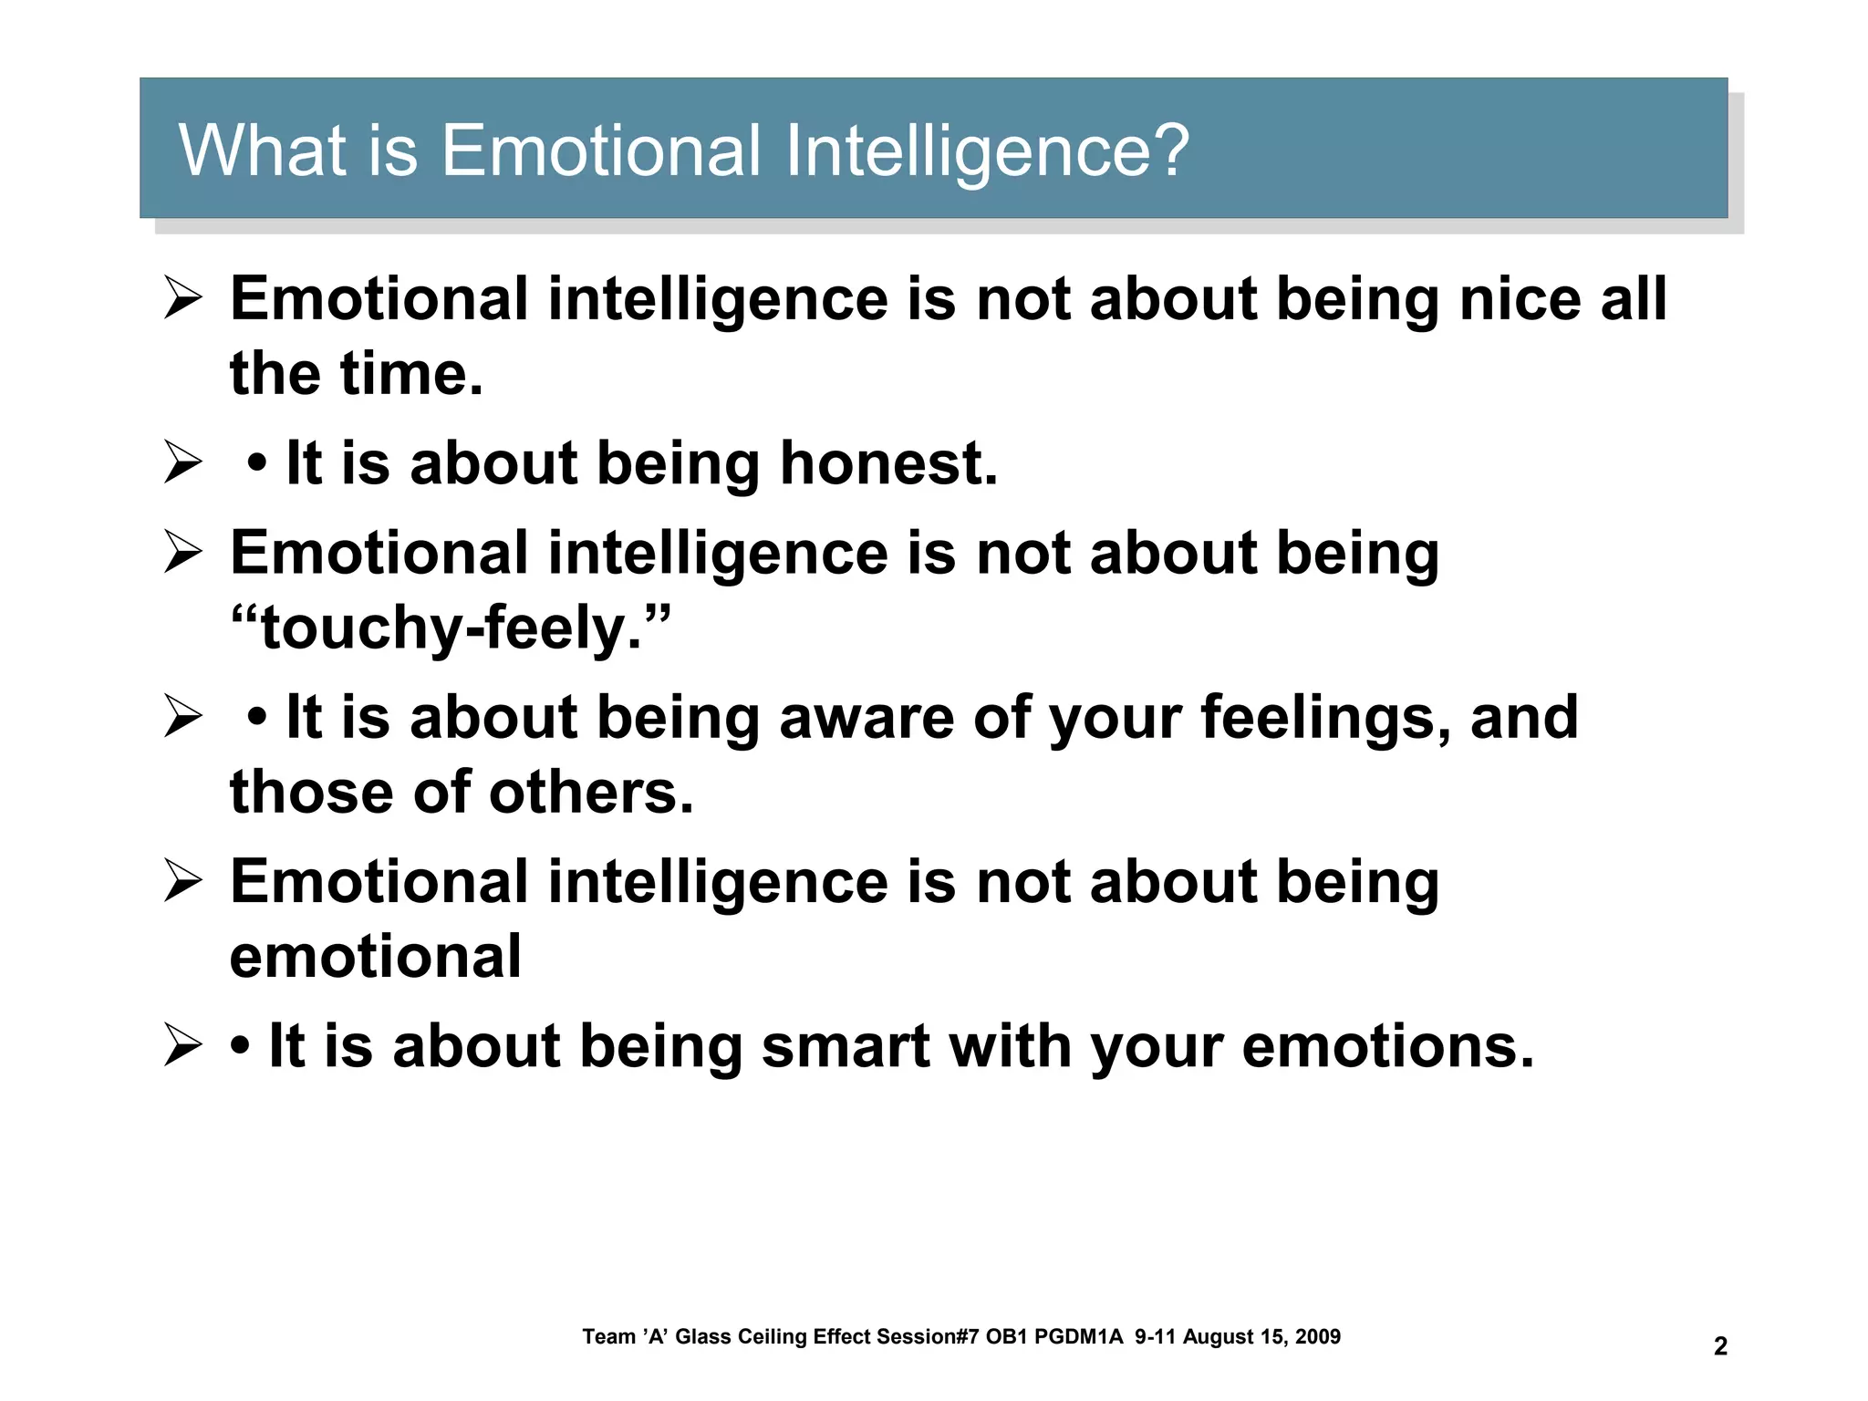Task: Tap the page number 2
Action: [1720, 1346]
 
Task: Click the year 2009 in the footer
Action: [1318, 1337]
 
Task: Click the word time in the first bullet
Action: [410, 374]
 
